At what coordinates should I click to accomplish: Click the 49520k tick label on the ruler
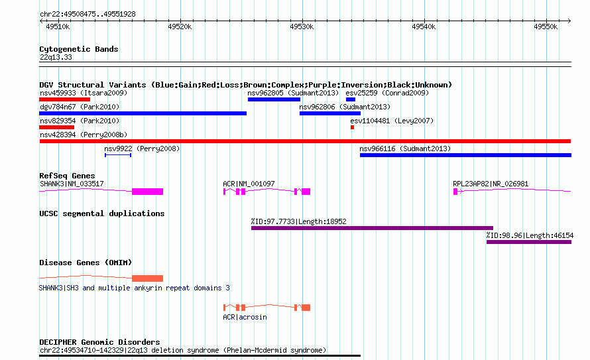tap(180, 27)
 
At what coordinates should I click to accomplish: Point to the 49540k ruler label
tap(424, 27)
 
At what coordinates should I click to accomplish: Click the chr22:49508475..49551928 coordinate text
tap(88, 15)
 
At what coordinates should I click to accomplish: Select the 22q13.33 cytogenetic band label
tap(56, 57)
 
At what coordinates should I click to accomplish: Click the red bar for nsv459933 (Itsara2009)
tap(65, 99)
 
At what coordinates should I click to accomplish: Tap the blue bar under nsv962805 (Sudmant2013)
tap(274, 99)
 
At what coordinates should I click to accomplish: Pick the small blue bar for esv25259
tap(350, 99)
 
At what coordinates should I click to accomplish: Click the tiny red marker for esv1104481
tap(352, 127)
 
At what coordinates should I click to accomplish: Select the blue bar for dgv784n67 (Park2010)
tap(143, 113)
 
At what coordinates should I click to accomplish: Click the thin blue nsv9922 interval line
tap(118, 155)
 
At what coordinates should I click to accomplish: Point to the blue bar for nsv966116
tap(465, 155)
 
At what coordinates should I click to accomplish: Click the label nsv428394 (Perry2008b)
tap(84, 135)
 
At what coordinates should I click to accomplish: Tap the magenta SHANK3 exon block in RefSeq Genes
tap(147, 192)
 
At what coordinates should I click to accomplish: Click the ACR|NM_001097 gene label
tap(249, 184)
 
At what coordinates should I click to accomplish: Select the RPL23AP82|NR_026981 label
tap(491, 184)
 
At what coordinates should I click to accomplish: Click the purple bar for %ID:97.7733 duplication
tap(372, 228)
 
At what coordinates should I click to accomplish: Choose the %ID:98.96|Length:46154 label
tap(530, 235)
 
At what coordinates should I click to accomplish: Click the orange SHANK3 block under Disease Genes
tap(147, 278)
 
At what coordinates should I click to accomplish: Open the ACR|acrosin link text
tap(245, 317)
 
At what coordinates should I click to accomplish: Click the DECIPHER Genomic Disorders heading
tap(99, 342)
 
